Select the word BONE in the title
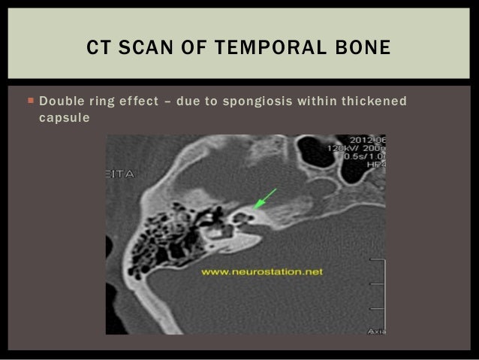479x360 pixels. pyautogui.click(x=363, y=48)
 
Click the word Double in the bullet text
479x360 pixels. pyautogui.click(x=61, y=101)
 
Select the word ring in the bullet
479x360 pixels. pyautogui.click(x=108, y=101)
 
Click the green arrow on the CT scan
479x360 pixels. pyautogui.click(x=265, y=198)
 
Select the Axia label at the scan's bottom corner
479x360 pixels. pyautogui.click(x=375, y=330)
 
